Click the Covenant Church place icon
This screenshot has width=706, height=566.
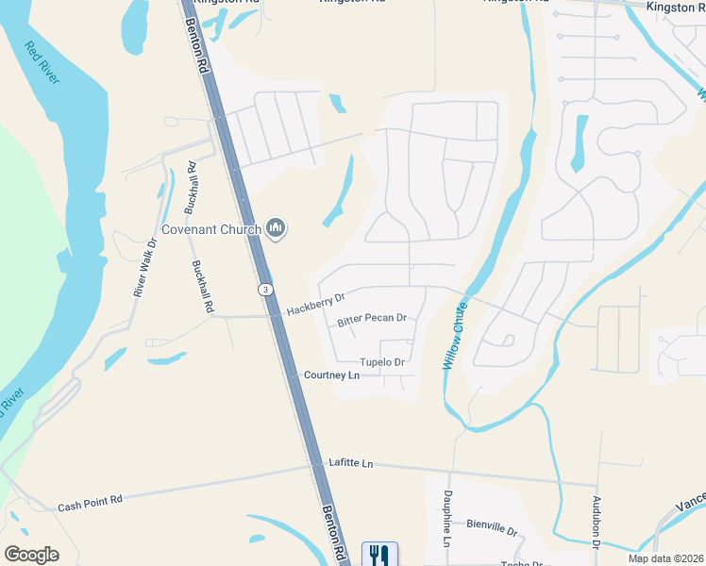coord(277,228)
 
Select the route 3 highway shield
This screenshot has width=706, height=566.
coord(267,289)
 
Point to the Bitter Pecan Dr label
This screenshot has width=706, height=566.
coord(372,320)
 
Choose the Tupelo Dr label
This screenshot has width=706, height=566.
coord(382,362)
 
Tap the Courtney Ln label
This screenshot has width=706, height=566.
coord(331,375)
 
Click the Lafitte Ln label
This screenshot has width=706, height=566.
coord(351,463)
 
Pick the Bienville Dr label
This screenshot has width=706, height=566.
coord(493,528)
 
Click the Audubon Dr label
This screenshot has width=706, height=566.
coord(597,522)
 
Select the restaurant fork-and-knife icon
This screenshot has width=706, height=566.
coord(379,554)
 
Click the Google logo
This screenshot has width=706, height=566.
coord(31,555)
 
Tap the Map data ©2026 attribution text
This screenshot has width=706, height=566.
coord(664,558)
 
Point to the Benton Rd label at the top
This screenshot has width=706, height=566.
coord(196,38)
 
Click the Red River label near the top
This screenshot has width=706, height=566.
coord(42,62)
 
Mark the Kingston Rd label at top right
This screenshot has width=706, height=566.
coord(676,6)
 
